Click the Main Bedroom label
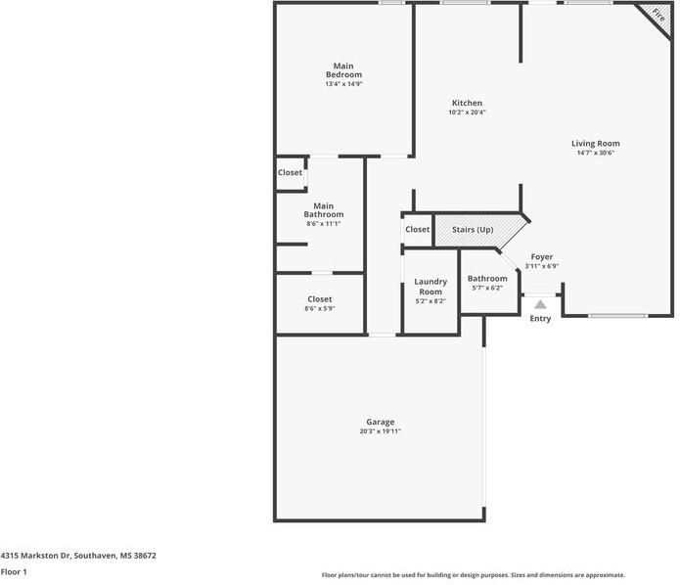(x=343, y=70)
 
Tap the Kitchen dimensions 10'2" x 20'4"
(x=467, y=112)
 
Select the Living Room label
(x=596, y=144)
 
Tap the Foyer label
(x=541, y=257)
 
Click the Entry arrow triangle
(x=540, y=304)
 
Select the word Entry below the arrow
(x=540, y=319)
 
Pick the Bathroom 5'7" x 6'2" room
(x=486, y=283)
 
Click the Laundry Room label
(x=431, y=287)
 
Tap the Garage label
(x=380, y=422)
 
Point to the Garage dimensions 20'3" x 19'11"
(x=380, y=431)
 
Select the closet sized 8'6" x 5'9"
(x=320, y=303)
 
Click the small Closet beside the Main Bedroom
(x=290, y=172)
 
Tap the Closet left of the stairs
(x=417, y=230)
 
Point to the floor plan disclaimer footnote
(x=473, y=575)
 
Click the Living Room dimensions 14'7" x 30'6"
(x=596, y=153)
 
